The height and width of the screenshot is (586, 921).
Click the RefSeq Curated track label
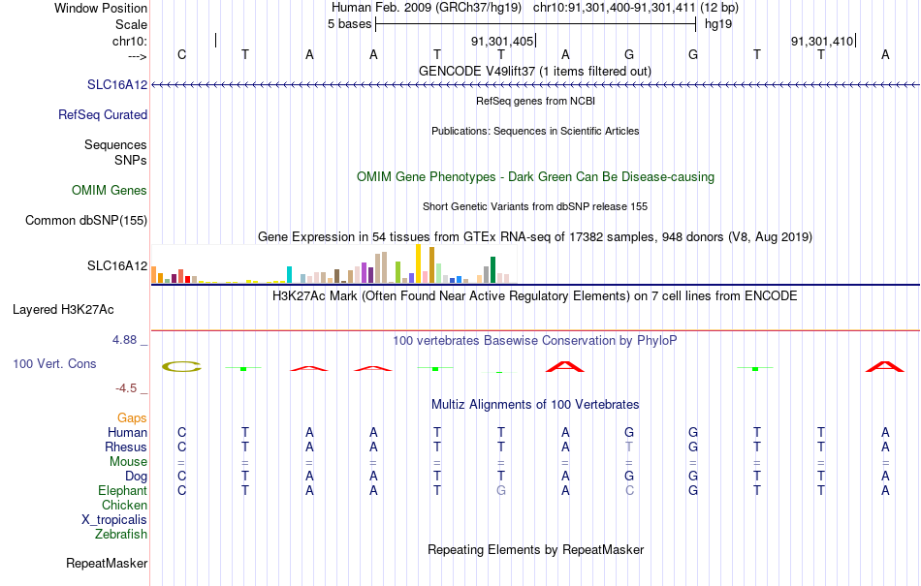103,115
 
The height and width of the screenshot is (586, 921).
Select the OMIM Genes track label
110,190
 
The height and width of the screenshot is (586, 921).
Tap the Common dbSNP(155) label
86,221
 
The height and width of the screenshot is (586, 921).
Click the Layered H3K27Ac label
63,310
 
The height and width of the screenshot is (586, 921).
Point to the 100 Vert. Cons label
54,363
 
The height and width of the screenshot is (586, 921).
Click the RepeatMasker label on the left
107,563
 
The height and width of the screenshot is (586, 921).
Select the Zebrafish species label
121,535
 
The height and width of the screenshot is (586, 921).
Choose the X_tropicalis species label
114,520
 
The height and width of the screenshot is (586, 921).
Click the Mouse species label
128,462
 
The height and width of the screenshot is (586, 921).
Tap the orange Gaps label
132,417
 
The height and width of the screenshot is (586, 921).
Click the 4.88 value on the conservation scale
124,340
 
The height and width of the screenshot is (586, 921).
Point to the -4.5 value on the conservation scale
126,388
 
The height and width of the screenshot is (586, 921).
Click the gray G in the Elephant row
501,490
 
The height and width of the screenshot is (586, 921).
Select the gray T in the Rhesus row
629,447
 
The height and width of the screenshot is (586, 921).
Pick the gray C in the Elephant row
629,490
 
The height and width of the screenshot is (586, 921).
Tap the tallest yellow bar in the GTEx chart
418,264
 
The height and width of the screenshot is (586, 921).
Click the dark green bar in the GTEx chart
492,270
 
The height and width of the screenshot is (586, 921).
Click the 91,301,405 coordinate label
502,42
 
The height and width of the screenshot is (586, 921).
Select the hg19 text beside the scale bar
718,24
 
